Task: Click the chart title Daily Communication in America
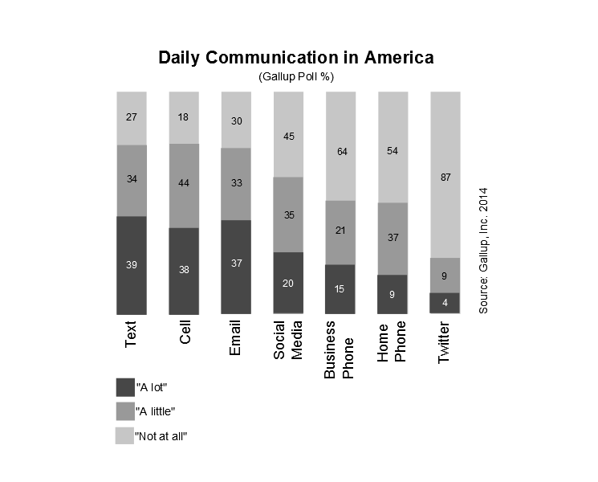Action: tap(296, 59)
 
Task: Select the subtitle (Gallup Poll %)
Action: tap(296, 77)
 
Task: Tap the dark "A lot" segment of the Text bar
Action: tap(132, 265)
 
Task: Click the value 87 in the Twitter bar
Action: tap(445, 178)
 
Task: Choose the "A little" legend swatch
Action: tap(125, 411)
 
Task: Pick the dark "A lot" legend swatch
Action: tap(125, 387)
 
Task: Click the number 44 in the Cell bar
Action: tap(184, 183)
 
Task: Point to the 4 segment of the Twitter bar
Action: tap(445, 303)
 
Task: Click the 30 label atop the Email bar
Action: tap(236, 120)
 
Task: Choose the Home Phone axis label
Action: tap(393, 344)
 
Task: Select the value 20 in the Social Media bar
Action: tap(288, 283)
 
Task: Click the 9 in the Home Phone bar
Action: tap(393, 295)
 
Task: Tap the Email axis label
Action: tap(235, 341)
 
